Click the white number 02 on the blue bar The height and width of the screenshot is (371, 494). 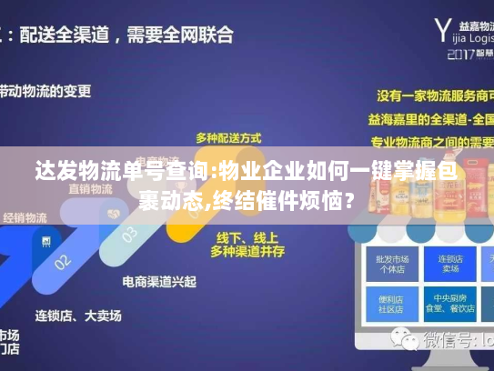63,260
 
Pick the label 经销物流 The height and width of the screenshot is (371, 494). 25,218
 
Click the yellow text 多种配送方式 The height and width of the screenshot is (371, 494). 228,137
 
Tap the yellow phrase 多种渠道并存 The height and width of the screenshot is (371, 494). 241,249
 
